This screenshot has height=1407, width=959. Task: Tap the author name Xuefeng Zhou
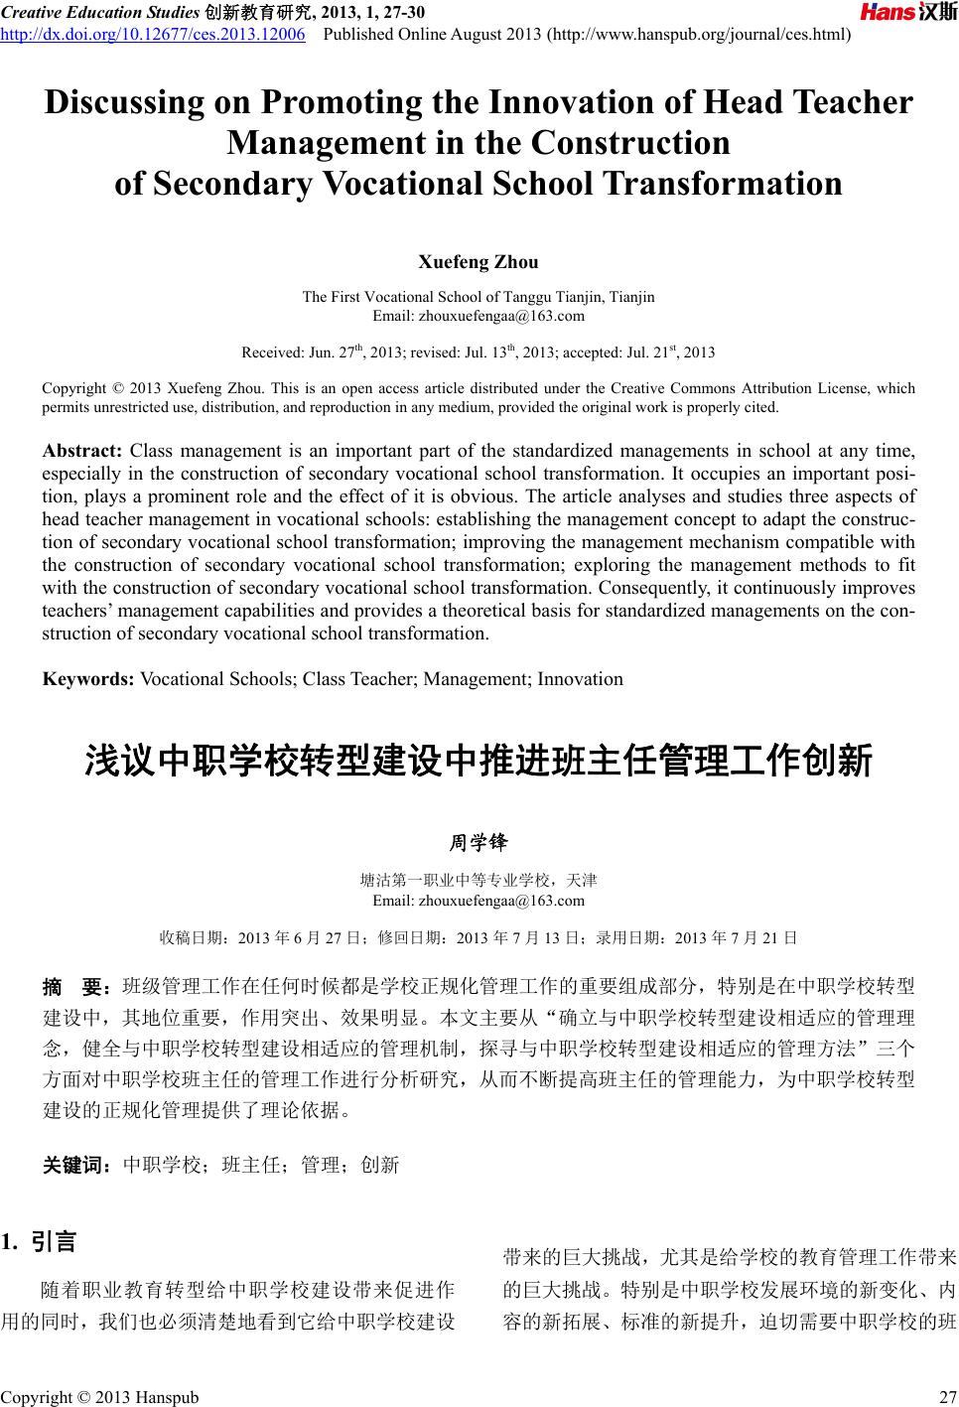tap(479, 262)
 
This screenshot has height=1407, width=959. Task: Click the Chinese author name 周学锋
tap(479, 843)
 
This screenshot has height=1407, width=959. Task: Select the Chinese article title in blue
tap(479, 763)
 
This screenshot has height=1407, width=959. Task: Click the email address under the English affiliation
tap(479, 316)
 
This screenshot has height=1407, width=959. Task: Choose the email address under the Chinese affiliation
tap(479, 901)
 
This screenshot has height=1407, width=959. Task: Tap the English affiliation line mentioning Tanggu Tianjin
tap(479, 297)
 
